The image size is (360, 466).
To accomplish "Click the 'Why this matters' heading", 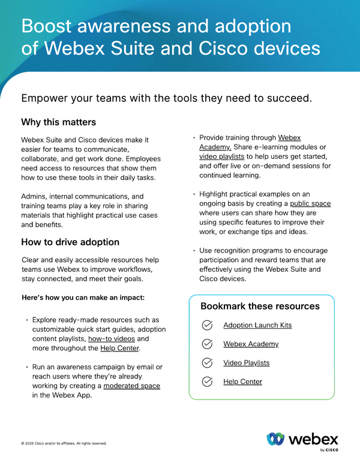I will [58, 122].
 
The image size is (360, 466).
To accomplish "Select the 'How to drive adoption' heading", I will [70, 242].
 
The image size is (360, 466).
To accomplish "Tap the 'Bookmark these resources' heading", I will [260, 306].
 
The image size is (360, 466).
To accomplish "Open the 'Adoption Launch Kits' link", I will [257, 325].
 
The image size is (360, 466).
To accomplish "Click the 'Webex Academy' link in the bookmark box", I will [251, 344].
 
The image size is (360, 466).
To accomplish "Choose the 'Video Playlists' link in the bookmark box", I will [246, 363].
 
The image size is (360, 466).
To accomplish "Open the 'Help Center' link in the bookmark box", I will [242, 381].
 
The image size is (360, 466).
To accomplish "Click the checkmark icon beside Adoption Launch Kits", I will [207, 325].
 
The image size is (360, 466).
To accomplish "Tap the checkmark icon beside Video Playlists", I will [207, 363].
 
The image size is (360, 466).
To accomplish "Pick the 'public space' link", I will [311, 203].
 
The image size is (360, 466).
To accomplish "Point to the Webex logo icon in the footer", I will [275, 439].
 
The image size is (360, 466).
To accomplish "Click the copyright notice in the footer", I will [64, 443].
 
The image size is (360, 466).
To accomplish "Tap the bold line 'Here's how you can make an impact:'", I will [82, 298].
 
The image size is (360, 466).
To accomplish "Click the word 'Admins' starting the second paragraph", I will [34, 196].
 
